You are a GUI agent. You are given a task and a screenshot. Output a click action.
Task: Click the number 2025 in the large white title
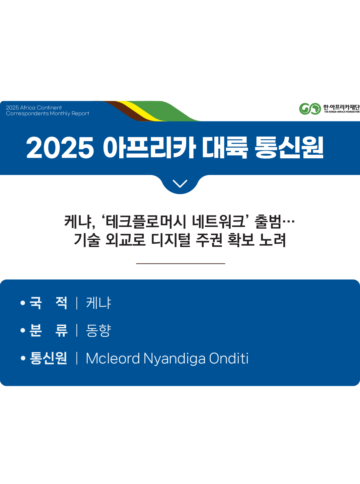[x=60, y=148]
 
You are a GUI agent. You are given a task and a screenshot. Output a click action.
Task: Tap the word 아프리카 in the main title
[x=149, y=147]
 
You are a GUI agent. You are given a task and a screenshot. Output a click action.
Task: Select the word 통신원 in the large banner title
[x=289, y=147]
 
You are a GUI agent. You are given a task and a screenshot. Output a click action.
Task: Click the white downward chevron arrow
[x=180, y=184]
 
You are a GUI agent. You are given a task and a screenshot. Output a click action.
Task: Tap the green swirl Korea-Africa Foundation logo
[x=310, y=108]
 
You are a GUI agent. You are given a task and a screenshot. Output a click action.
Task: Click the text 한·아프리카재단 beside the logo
[x=341, y=107]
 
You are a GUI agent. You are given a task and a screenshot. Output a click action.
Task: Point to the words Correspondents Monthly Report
[x=48, y=113]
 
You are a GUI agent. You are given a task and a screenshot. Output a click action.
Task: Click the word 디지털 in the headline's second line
[x=171, y=240]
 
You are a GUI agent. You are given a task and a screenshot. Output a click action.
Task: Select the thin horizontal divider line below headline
[x=181, y=264]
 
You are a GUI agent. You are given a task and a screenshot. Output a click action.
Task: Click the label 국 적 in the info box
[x=49, y=303]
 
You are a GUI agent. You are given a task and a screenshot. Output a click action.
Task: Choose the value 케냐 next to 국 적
[x=98, y=303]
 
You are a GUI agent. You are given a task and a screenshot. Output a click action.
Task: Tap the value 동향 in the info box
[x=98, y=331]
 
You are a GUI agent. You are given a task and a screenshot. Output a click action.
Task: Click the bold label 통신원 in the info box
[x=49, y=358]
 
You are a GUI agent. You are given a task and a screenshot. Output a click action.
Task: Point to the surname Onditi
[x=229, y=358]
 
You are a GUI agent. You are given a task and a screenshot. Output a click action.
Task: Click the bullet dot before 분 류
[x=23, y=331]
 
